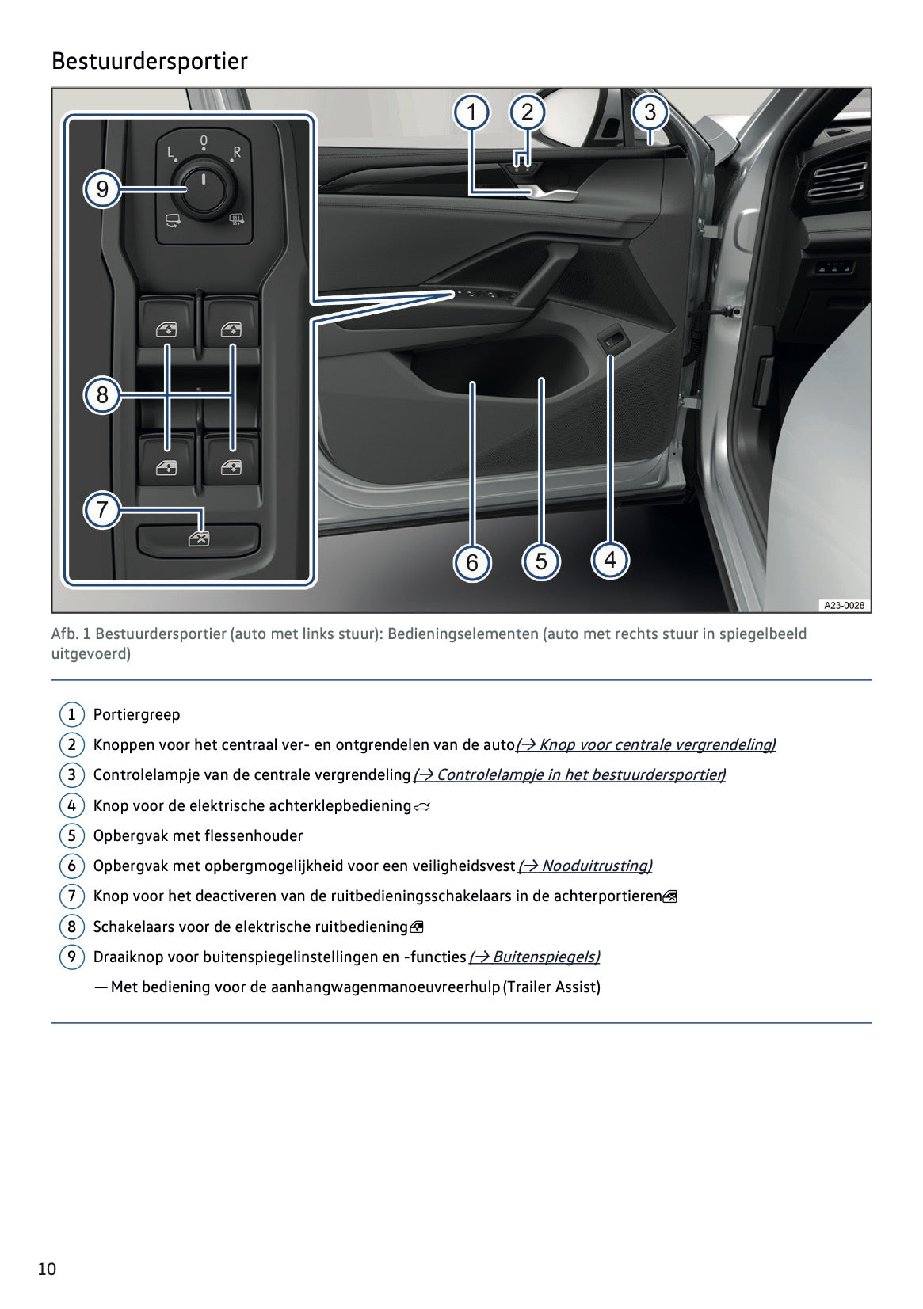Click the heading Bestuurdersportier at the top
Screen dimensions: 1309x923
pos(149,61)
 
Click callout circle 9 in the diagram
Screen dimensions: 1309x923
pos(102,189)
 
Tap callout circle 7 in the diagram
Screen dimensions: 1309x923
pos(102,509)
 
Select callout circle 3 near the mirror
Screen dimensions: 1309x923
pos(650,112)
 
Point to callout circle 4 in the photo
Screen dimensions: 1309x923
pos(610,560)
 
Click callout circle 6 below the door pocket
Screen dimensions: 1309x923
pos(472,562)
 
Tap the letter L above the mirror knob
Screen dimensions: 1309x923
pos(170,151)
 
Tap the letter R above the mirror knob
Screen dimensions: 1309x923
pos(236,151)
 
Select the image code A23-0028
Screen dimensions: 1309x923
pos(843,606)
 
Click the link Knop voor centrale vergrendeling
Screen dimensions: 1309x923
pos(646,744)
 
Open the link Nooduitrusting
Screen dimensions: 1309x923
pos(585,866)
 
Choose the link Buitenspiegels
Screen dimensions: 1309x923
pos(535,957)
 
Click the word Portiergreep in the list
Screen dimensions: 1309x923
pos(137,714)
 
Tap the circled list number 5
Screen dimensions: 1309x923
pos(71,835)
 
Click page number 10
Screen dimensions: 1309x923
pos(47,1269)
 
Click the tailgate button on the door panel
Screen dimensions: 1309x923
pos(610,343)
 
